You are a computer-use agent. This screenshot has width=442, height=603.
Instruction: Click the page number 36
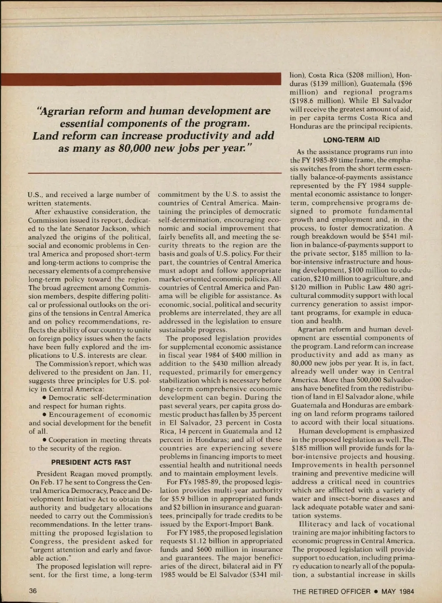click(33, 591)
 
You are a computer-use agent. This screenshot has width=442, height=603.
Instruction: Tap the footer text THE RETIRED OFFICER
click(331, 592)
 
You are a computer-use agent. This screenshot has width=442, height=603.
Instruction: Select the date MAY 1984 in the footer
click(398, 592)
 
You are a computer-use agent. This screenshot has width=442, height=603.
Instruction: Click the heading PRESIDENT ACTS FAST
click(91, 462)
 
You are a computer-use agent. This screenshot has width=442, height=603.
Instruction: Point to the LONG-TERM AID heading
click(351, 140)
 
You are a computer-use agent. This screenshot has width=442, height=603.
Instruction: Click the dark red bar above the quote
click(141, 79)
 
